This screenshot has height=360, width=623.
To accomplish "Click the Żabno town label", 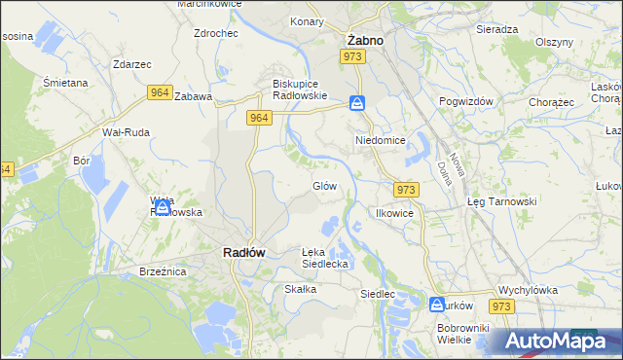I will click(365, 41).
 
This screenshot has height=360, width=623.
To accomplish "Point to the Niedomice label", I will click(379, 140).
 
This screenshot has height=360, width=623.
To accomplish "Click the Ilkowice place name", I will click(395, 212).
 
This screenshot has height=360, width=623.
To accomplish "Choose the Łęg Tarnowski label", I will click(501, 201).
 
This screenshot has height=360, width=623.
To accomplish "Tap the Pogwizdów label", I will click(467, 101).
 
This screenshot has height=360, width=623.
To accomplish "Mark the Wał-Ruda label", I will click(124, 131).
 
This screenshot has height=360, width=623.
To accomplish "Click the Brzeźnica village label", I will click(163, 271).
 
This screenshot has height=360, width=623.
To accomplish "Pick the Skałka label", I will click(300, 289).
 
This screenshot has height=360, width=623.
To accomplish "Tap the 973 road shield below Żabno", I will click(352, 58).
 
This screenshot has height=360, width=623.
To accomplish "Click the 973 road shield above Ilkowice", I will click(407, 189).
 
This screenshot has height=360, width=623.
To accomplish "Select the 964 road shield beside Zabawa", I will click(161, 92).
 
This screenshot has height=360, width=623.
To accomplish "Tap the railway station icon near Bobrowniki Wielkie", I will click(437, 305).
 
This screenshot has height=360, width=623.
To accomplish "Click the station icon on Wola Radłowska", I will click(163, 206).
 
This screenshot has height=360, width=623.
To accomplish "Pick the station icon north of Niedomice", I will click(358, 103).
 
